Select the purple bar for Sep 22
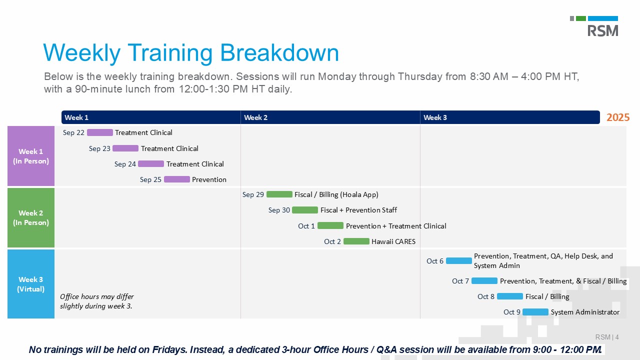100,132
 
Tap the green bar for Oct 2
356,241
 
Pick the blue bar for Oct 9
535,312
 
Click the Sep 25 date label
150,179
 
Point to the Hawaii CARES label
393,241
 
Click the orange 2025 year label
618,117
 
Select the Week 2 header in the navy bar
255,117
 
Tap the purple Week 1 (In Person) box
31,156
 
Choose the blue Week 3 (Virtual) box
31,284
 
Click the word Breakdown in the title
279,53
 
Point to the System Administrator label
585,312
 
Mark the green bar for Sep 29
279,194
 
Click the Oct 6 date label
435,261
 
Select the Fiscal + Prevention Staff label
358,210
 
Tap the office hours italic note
97,301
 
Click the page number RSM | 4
607,337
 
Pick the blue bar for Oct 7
484,281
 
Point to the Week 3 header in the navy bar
435,117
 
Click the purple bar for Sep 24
151,163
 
